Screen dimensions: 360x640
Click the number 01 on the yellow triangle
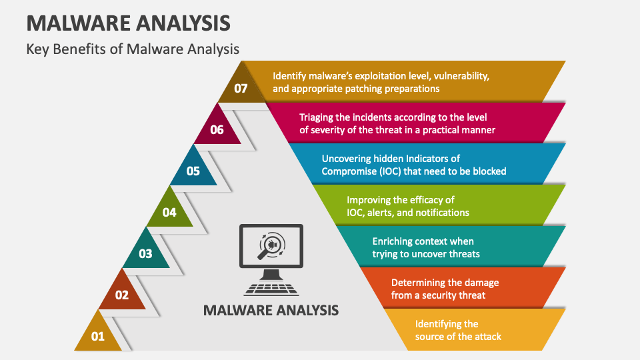[x=98, y=337]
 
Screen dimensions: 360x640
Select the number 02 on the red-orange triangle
[x=122, y=295]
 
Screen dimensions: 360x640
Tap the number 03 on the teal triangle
[x=145, y=254]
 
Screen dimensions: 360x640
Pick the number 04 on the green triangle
[x=169, y=213]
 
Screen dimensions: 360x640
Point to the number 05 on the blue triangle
[x=193, y=171]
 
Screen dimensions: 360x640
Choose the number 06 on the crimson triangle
[x=217, y=130]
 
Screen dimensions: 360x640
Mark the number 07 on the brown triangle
[x=241, y=88]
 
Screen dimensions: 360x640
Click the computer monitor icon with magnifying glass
[x=271, y=249]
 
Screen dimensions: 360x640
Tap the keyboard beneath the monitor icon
[x=271, y=289]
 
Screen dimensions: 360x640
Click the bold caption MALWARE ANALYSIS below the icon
[x=271, y=310]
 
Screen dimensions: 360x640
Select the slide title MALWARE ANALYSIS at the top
[x=129, y=23]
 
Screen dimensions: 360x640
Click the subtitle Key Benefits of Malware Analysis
[x=133, y=49]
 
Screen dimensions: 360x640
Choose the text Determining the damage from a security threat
[x=445, y=289]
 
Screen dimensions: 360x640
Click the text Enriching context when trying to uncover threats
[x=426, y=247]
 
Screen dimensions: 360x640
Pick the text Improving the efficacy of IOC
[x=407, y=206]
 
